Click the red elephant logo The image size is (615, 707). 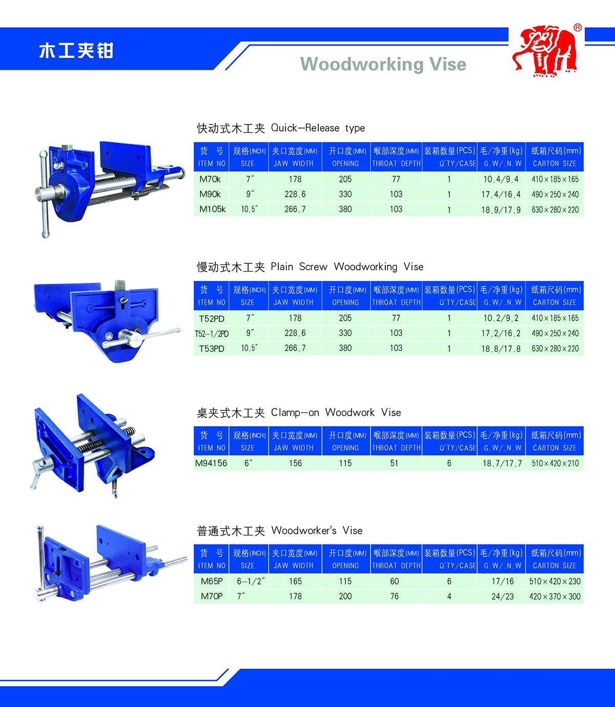click(x=546, y=52)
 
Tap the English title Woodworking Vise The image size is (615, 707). click(x=383, y=65)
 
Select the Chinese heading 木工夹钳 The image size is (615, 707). click(x=76, y=51)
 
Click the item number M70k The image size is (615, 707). click(x=210, y=179)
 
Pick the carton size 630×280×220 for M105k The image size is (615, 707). click(x=555, y=210)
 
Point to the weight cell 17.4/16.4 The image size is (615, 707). click(x=501, y=195)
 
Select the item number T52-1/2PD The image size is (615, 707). click(x=211, y=334)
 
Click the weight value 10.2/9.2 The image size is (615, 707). click(x=501, y=318)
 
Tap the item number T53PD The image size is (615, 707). click(x=212, y=349)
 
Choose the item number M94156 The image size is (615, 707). click(x=211, y=463)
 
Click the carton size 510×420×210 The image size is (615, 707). click(x=555, y=463)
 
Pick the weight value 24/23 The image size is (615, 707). click(x=502, y=596)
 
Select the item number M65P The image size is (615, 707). click(x=212, y=581)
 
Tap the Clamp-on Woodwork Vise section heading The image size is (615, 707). click(x=299, y=413)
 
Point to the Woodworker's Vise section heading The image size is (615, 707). click(x=279, y=531)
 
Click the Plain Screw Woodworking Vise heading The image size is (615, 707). click(x=310, y=267)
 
